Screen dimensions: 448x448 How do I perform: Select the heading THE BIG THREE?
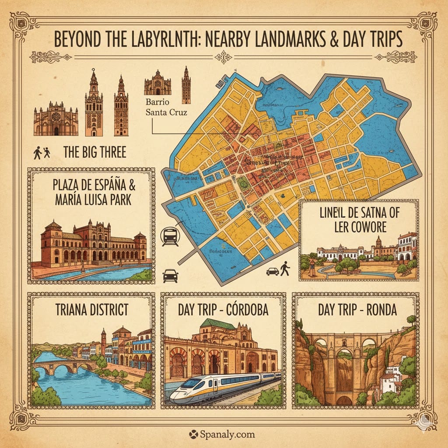click(x=94, y=152)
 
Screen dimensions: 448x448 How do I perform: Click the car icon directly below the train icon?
click(x=170, y=276)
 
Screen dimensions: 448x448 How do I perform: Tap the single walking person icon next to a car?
click(x=285, y=269)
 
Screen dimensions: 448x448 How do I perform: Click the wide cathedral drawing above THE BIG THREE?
click(x=56, y=118)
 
